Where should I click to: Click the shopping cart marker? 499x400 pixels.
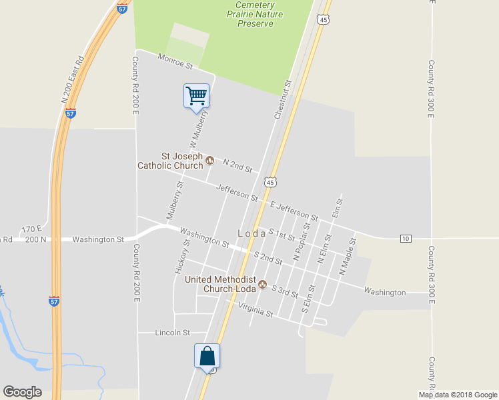(197, 95)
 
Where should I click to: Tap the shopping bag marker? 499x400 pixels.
(207, 356)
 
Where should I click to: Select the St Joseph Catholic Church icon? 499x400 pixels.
(209, 160)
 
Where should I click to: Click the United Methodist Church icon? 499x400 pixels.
(262, 285)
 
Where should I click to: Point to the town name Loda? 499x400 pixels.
(252, 234)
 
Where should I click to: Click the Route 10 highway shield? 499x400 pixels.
(406, 238)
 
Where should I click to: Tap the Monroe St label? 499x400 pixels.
(175, 62)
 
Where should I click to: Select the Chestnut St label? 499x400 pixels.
(283, 100)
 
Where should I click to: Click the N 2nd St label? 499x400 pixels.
(237, 166)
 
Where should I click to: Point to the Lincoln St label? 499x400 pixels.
(172, 332)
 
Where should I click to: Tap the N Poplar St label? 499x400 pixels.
(302, 242)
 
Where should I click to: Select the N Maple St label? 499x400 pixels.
(345, 261)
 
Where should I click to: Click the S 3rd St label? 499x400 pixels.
(284, 291)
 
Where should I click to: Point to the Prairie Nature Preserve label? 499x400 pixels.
(256, 19)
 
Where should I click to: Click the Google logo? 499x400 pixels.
(22, 392)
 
